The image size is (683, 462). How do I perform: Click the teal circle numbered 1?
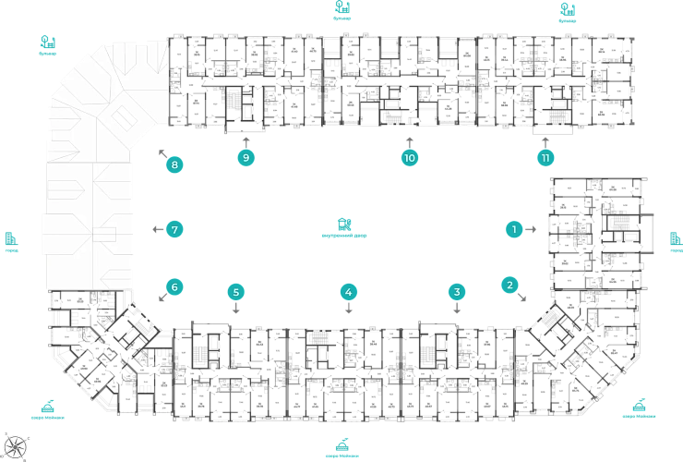click(x=515, y=227)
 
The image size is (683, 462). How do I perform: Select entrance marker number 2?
click(x=509, y=285)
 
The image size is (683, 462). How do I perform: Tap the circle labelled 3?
click(x=456, y=292)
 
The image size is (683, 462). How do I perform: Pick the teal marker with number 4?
click(x=348, y=292)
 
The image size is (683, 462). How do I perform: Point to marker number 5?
click(x=236, y=292)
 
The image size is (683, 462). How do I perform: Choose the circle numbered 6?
click(x=174, y=287)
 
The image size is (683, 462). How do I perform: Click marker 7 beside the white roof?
click(x=174, y=228)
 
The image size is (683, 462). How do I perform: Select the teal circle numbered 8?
click(x=174, y=166)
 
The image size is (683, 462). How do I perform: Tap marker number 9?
click(x=246, y=158)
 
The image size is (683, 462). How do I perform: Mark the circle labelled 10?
click(x=410, y=158)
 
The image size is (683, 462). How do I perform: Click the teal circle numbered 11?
click(x=545, y=158)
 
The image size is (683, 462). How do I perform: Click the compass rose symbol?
click(x=13, y=444)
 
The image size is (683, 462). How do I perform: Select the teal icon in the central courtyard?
click(x=343, y=225)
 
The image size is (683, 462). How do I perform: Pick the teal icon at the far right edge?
click(x=674, y=241)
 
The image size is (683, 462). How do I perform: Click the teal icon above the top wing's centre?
click(x=343, y=10)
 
